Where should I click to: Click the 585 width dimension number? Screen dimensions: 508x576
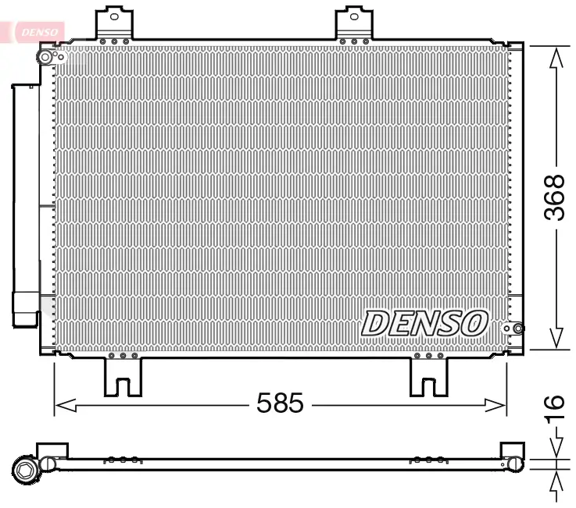click(280, 403)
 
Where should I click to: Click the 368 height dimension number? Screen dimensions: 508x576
click(554, 197)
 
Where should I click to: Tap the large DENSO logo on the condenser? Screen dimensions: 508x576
click(424, 322)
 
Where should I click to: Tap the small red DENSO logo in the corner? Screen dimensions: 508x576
click(36, 30)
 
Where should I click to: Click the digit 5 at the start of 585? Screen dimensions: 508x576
click(264, 403)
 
